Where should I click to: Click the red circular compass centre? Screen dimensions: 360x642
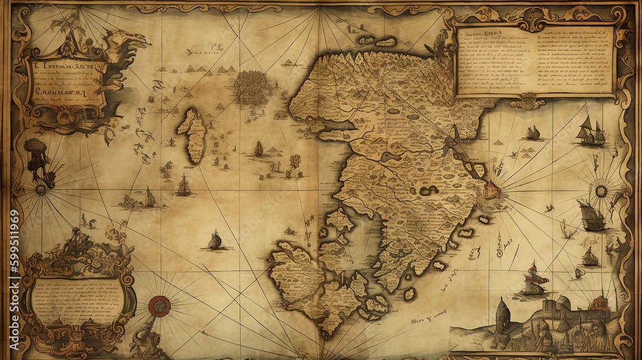(x=159, y=307)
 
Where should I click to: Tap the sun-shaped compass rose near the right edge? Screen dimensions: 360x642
(x=601, y=191)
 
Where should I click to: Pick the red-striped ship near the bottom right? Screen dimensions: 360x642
(x=534, y=279)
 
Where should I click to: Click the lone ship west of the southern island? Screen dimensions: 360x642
(x=215, y=240)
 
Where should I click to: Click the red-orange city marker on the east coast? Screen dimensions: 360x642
(x=493, y=189)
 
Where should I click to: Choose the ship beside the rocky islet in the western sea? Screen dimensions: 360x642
(x=149, y=198)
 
